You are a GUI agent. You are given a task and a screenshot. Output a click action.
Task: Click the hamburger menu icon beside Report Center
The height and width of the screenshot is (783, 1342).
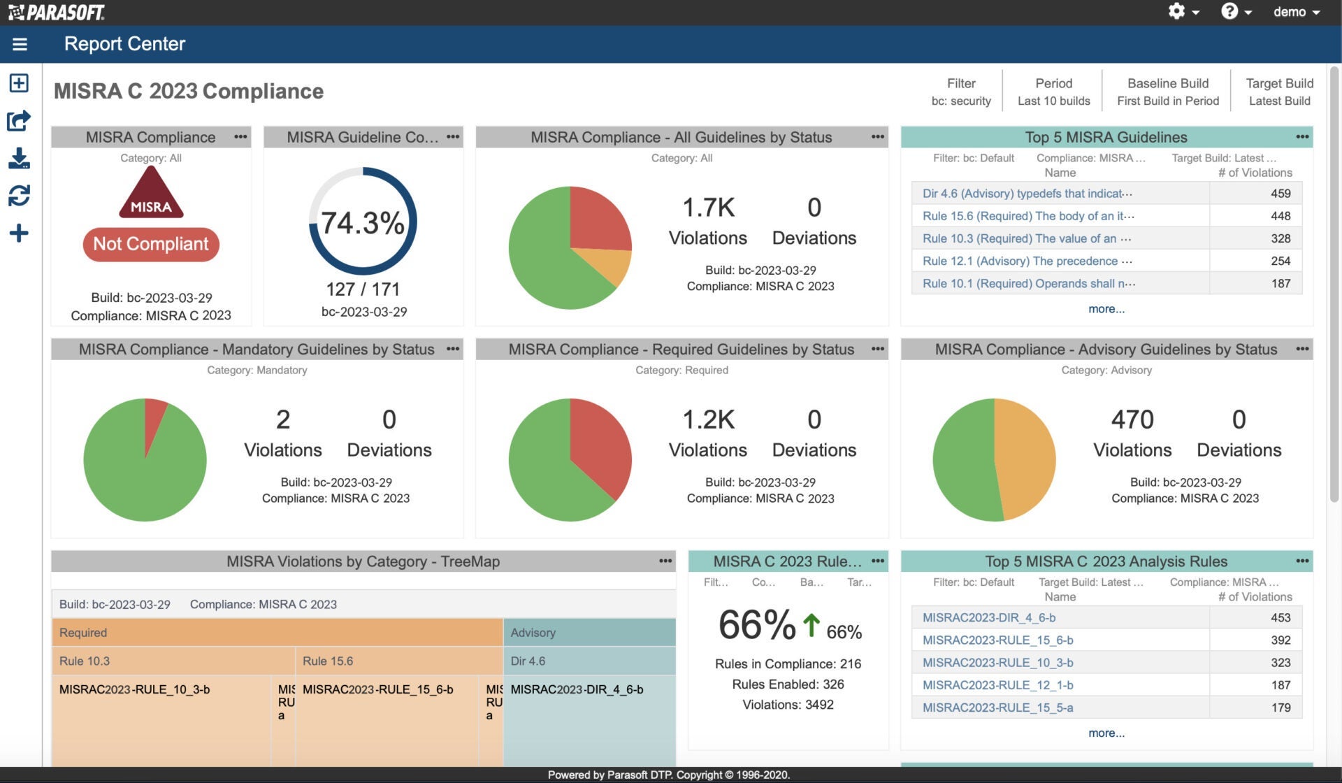point(20,45)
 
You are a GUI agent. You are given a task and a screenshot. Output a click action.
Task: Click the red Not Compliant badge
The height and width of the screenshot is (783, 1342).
point(151,244)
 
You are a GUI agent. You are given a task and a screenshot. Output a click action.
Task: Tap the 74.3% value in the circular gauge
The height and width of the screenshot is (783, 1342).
point(362,223)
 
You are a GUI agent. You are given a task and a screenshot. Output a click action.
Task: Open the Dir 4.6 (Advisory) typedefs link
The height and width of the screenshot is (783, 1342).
point(1027,194)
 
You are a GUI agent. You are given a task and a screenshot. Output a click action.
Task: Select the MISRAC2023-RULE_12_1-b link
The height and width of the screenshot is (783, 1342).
point(997,685)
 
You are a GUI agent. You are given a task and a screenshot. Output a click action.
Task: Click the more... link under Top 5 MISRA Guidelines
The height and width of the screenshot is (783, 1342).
point(1106,309)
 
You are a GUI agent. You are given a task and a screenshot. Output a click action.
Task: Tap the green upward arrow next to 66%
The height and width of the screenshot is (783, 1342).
point(811,625)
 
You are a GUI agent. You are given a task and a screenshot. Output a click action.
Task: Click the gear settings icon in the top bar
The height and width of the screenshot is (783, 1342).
point(1177,12)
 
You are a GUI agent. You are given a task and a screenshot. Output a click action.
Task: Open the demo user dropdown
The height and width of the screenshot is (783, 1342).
point(1296,12)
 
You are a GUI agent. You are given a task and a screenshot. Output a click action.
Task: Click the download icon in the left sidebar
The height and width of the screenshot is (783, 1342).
point(19,158)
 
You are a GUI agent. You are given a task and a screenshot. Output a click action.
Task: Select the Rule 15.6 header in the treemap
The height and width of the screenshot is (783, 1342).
point(328,661)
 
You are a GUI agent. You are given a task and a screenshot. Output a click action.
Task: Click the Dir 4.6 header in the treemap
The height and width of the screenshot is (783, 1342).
point(528,661)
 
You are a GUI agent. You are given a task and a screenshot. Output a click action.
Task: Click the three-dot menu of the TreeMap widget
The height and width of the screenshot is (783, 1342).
point(665,561)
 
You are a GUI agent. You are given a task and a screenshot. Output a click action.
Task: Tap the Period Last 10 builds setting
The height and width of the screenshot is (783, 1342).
point(1053,92)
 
